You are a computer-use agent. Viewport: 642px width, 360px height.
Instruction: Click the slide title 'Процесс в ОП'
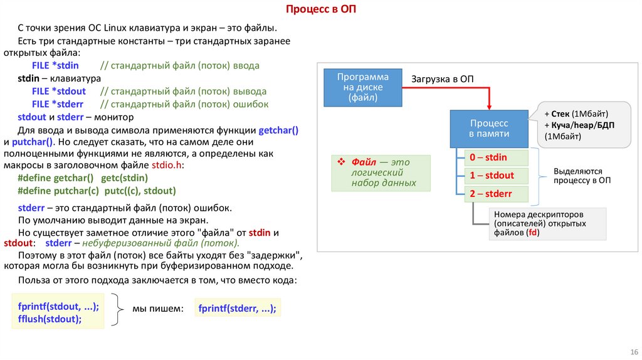(x=320, y=9)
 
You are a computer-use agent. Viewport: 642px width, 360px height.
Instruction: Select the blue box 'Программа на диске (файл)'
(x=362, y=88)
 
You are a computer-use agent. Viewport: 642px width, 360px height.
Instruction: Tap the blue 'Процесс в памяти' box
(x=489, y=128)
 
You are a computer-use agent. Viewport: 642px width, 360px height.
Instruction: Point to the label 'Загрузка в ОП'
(x=442, y=78)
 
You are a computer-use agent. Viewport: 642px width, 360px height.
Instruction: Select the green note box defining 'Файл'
(x=381, y=172)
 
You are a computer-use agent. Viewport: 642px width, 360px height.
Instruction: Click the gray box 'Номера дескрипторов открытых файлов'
(x=547, y=223)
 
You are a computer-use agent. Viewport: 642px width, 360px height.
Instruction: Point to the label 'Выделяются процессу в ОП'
(x=582, y=175)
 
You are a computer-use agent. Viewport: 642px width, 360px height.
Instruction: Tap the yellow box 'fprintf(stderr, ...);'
(x=237, y=309)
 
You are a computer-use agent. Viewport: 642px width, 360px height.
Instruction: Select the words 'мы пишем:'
(x=157, y=309)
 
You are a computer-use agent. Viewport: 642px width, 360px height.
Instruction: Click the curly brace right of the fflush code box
(x=115, y=309)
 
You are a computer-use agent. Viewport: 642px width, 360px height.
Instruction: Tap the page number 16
(x=633, y=351)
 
